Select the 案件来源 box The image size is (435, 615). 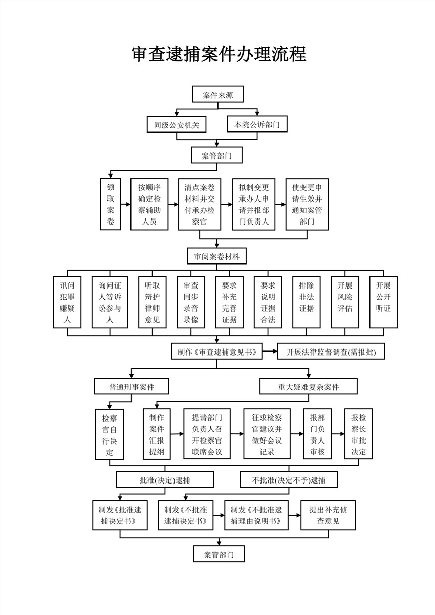(217, 95)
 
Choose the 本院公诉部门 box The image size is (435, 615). (257, 124)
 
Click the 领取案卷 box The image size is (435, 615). (111, 204)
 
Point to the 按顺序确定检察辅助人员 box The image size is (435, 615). (149, 204)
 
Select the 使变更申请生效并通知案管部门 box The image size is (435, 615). (307, 204)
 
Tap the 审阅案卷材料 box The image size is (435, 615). (217, 256)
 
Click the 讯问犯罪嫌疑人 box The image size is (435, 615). (67, 302)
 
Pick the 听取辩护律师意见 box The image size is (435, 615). (153, 302)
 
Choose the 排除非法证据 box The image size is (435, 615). (307, 302)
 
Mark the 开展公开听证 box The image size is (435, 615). (383, 302)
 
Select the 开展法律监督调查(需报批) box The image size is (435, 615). (330, 352)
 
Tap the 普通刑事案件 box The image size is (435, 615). (132, 387)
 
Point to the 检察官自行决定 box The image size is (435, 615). (110, 433)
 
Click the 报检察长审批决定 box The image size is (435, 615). (358, 433)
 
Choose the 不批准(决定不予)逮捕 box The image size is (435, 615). (288, 480)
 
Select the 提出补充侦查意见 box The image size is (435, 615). (328, 515)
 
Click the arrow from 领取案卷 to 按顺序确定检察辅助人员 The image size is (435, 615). (125, 204)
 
